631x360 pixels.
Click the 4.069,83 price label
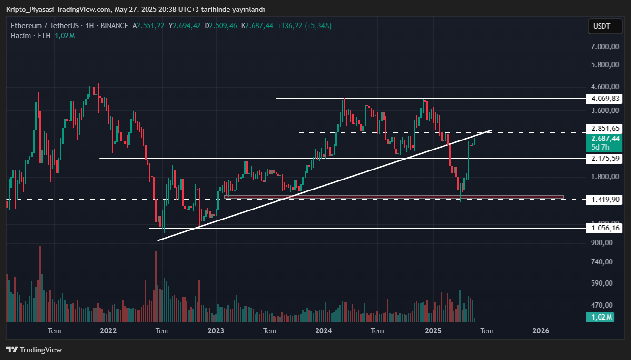605,99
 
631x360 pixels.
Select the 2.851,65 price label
605,128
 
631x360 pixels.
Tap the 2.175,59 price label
605,158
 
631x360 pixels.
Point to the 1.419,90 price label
605,199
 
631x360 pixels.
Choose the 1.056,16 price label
605,228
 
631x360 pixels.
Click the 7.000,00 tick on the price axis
605,47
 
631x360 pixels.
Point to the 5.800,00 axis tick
605,64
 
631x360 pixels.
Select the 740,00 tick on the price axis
605,262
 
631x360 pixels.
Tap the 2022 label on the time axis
108,330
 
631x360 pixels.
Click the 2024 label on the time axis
324,330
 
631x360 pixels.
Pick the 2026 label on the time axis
541,330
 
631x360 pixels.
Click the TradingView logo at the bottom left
34,350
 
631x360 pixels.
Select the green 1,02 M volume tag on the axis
602,317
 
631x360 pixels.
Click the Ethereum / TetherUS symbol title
45,26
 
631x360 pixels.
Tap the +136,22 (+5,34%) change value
305,26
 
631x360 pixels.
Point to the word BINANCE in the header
114,26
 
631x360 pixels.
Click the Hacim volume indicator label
21,36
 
